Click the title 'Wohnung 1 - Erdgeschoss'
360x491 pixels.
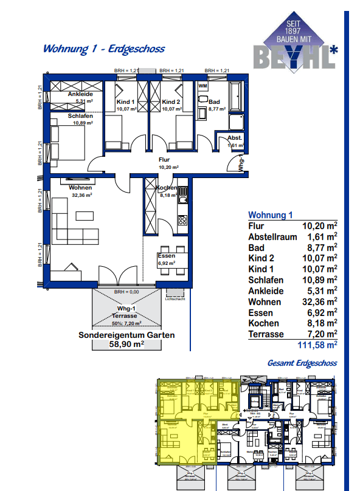click(x=103, y=49)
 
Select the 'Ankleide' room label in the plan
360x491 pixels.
click(x=80, y=95)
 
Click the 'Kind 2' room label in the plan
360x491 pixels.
click(x=171, y=102)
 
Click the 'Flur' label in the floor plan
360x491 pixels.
click(x=164, y=159)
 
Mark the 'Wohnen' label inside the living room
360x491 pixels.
click(x=80, y=188)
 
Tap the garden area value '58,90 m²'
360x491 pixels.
click(x=126, y=344)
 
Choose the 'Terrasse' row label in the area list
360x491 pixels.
click(x=268, y=334)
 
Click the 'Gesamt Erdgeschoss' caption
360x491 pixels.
click(x=302, y=363)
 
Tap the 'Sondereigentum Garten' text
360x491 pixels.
click(x=126, y=335)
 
